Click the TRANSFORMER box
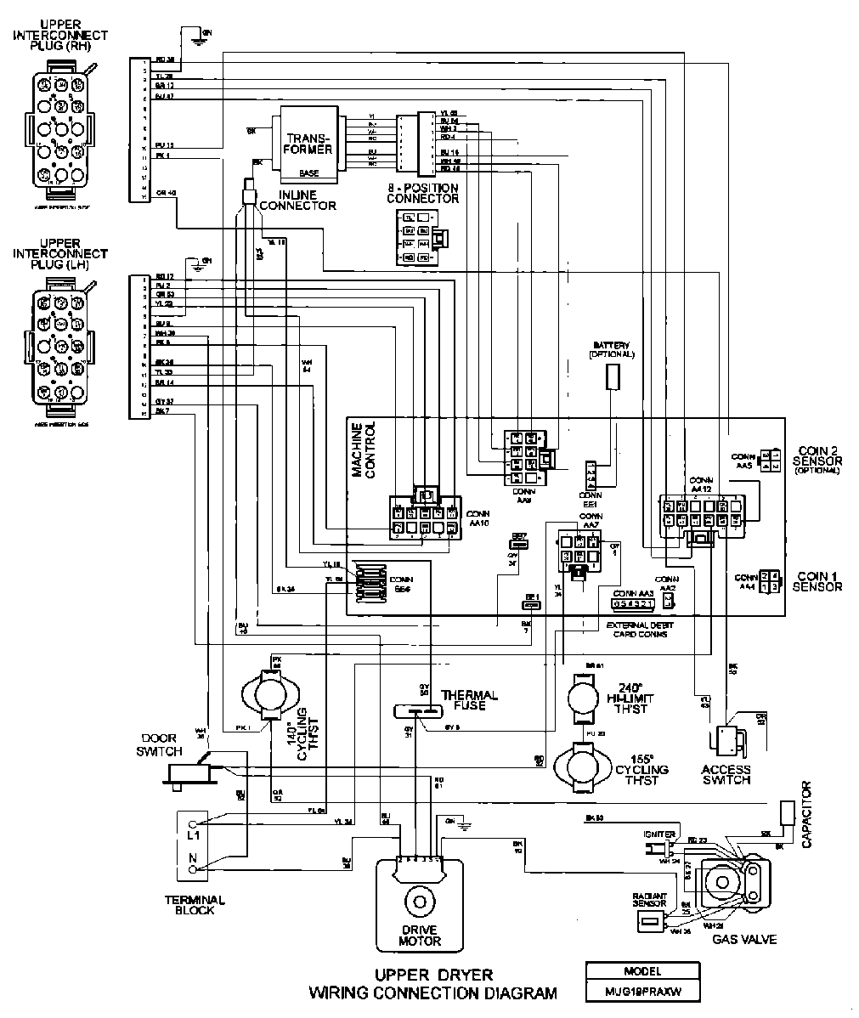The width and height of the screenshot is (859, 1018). pos(305,144)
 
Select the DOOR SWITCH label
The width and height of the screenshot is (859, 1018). pos(161,745)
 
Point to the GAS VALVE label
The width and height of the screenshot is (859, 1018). pos(744,939)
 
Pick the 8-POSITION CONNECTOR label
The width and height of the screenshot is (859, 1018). pos(422,193)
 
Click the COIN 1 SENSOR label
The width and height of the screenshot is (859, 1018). pos(817,581)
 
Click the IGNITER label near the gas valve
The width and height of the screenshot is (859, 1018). pos(659,834)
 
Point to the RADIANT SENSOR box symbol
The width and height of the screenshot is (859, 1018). pos(651,921)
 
